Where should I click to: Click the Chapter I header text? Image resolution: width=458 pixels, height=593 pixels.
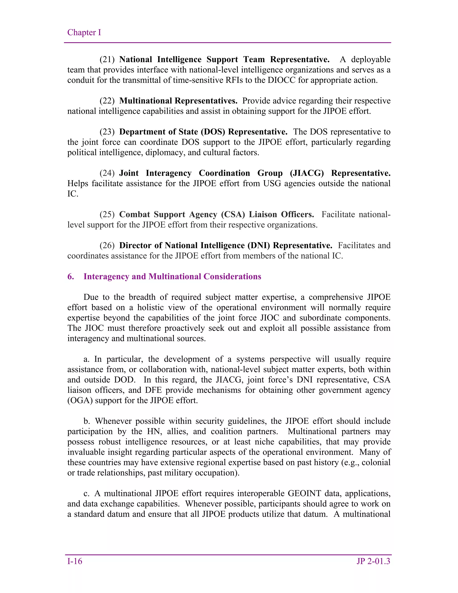84,33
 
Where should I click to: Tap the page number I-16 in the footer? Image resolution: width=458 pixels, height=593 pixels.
75,561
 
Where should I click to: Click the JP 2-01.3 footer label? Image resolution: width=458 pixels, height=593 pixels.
373,561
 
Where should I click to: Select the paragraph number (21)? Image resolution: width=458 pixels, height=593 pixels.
107,60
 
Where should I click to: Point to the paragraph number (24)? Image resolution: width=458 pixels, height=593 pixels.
107,173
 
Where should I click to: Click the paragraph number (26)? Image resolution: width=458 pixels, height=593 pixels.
107,245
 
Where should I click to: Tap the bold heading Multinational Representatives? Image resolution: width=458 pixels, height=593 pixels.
178,101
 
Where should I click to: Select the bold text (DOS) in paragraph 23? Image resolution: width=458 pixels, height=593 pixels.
213,132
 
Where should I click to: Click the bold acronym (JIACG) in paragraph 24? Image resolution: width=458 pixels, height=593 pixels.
307,173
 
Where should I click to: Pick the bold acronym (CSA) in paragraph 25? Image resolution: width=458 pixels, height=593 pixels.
233,215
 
